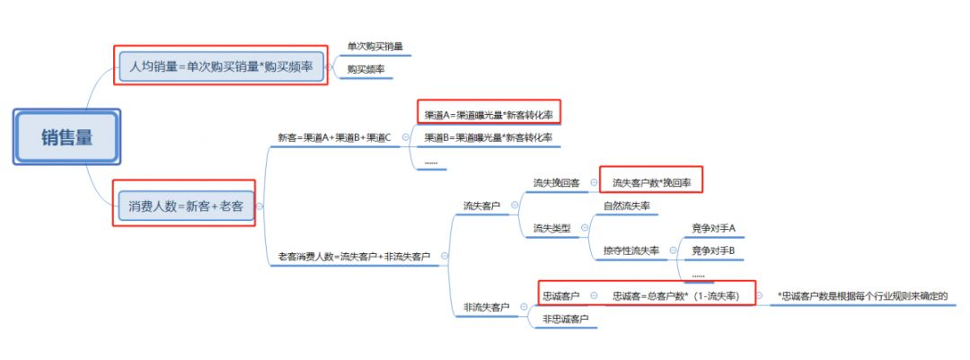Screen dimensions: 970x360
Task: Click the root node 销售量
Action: coord(66,137)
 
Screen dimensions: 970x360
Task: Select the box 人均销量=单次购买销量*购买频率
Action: coord(221,66)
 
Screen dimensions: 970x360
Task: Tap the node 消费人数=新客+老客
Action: coord(185,206)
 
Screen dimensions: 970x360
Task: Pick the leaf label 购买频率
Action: coord(367,68)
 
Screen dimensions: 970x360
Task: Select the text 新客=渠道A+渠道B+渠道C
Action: coord(334,137)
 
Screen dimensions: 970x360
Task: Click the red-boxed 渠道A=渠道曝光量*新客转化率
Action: coord(489,114)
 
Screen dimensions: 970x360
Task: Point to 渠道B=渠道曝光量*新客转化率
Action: coord(489,137)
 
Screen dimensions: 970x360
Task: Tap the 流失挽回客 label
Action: coord(556,182)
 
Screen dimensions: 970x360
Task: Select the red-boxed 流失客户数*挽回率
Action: coord(651,182)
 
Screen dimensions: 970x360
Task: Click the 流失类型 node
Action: coord(551,228)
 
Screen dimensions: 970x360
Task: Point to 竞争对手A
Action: coord(713,228)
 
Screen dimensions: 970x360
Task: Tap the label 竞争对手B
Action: coord(713,250)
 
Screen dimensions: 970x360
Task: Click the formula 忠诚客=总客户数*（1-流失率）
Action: coord(676,295)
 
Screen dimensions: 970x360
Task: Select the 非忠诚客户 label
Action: coord(566,319)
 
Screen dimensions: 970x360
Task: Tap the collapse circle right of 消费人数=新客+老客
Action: coord(260,206)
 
